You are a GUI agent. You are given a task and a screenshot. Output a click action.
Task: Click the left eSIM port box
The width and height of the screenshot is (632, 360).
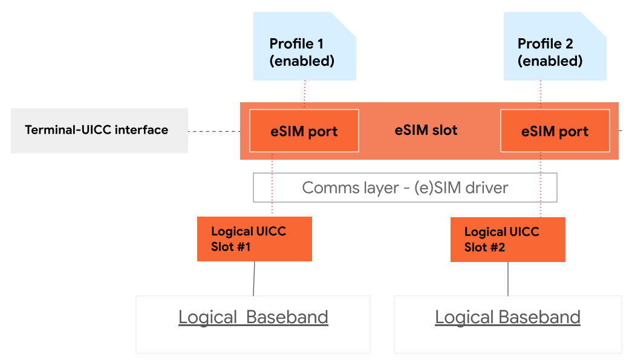coord(304,131)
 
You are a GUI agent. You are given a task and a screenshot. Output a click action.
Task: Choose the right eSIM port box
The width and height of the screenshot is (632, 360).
coord(555,131)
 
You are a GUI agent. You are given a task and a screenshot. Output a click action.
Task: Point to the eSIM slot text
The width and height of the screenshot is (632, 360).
coord(426,130)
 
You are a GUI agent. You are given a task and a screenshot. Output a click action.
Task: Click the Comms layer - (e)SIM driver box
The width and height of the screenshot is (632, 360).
coord(405,188)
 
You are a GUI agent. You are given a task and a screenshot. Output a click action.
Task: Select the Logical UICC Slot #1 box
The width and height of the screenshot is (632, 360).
coord(254,239)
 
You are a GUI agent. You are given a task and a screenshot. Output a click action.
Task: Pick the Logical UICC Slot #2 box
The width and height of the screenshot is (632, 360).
coord(507,240)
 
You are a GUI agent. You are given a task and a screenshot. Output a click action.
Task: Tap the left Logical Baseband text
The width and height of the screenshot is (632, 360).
coord(253,317)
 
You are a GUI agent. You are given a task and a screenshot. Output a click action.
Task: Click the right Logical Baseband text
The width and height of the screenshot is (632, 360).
coord(507,317)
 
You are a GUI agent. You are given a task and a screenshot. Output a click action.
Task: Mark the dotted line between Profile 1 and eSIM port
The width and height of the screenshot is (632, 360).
coord(305,94)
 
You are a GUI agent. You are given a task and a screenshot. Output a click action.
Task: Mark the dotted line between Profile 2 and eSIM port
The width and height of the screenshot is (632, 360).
coord(541,94)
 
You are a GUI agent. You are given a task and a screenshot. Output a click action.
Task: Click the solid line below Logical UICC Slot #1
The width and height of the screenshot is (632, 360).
coord(254,278)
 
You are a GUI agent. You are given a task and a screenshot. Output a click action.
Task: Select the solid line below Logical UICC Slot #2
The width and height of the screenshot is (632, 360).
coord(508,278)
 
